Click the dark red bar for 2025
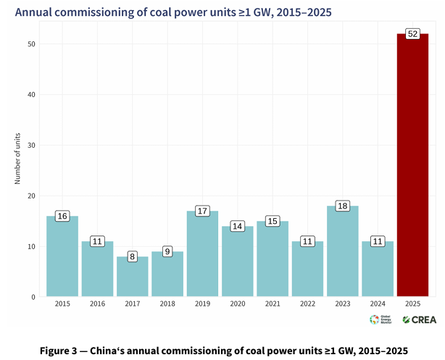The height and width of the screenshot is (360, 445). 412,167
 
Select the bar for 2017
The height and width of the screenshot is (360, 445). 132,277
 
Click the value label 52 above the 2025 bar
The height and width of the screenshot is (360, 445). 412,34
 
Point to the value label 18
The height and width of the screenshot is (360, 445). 342,206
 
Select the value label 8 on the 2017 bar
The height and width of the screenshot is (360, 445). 132,256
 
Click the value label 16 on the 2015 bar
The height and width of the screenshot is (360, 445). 62,216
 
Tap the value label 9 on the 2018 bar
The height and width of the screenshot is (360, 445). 167,251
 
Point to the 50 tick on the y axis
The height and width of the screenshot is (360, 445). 32,44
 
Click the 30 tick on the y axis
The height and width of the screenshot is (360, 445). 32,146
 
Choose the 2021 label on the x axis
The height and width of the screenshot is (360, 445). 273,305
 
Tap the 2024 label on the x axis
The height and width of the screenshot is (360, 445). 378,305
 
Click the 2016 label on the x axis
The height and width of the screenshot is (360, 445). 97,305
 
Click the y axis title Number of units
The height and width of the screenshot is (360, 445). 17,158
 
